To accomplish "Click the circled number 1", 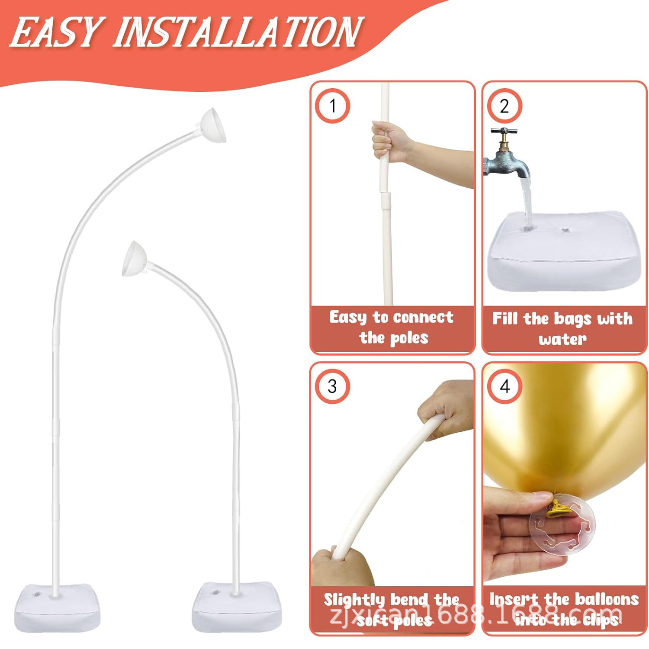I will (332, 106).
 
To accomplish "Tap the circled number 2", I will (504, 106).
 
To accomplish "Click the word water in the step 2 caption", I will (562, 339).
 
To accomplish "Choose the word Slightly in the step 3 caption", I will (354, 601).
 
